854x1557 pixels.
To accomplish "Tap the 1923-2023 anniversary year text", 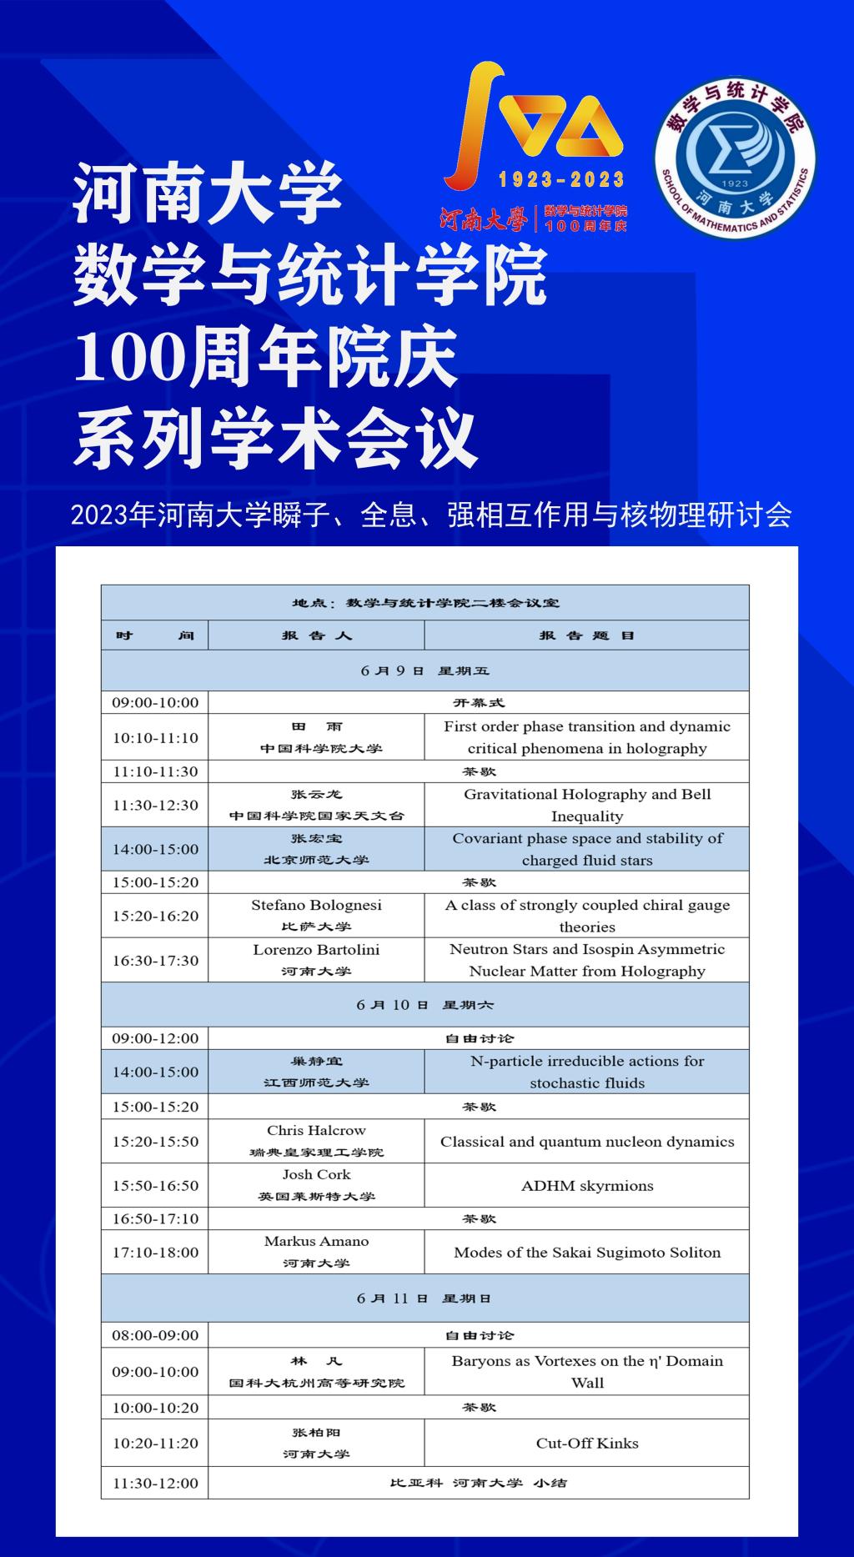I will click(560, 178).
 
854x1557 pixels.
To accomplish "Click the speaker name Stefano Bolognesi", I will click(316, 905).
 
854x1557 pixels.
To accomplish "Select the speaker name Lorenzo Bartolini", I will click(316, 949).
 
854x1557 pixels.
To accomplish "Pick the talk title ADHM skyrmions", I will click(587, 1185).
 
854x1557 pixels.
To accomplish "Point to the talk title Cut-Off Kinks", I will click(587, 1443).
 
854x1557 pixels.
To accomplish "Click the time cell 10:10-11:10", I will click(155, 737).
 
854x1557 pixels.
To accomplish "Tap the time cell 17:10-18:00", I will click(155, 1252).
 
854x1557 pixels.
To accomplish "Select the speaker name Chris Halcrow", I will click(316, 1130).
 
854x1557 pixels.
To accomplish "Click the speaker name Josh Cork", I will click(316, 1174).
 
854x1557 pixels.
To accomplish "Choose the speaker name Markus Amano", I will click(316, 1241).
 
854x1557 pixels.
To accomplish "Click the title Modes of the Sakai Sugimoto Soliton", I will click(587, 1252).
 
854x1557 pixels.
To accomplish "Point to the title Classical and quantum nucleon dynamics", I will click(587, 1142).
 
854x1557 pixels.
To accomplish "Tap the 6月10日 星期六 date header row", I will click(424, 1005).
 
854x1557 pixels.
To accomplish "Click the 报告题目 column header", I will click(587, 635).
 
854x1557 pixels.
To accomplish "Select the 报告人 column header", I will click(316, 635).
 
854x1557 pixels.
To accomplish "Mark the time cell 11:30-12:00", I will click(155, 1483).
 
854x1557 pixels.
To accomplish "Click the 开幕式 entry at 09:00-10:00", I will click(479, 702).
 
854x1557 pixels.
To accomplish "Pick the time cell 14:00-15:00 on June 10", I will click(155, 1072).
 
